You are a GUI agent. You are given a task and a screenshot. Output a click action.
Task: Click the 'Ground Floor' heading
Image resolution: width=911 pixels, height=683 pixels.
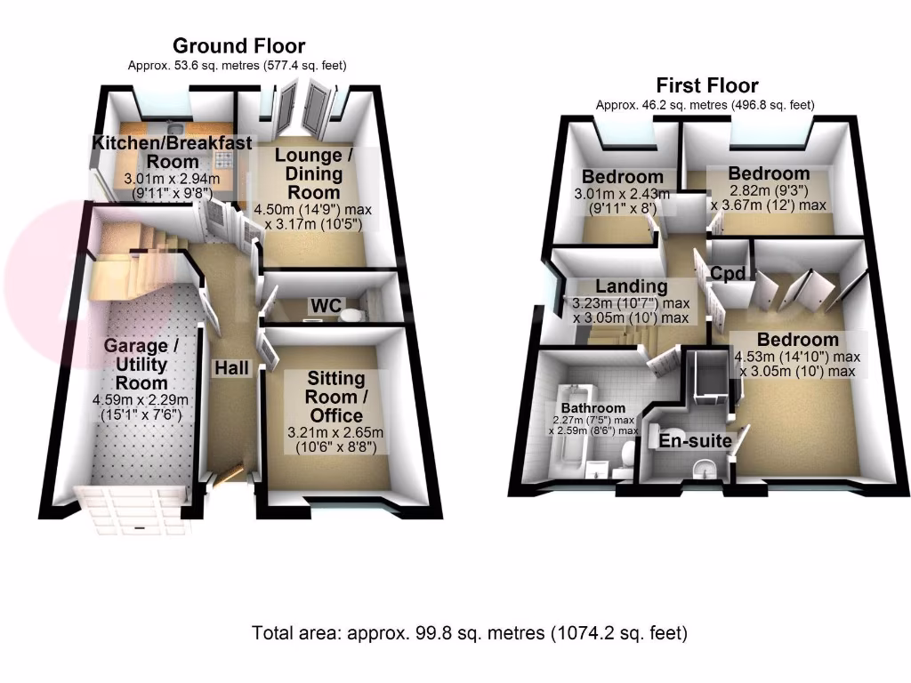(x=238, y=45)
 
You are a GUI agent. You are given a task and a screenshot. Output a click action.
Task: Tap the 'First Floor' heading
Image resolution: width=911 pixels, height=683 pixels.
(x=706, y=85)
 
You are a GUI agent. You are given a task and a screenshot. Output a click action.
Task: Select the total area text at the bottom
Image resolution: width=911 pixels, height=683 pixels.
(x=470, y=634)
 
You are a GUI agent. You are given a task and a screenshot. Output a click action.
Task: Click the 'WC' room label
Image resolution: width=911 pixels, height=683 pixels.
(x=325, y=306)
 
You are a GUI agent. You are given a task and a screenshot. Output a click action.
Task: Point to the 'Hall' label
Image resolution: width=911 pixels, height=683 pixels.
(x=230, y=367)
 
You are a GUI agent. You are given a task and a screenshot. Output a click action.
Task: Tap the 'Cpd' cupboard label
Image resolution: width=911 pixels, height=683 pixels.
(x=728, y=273)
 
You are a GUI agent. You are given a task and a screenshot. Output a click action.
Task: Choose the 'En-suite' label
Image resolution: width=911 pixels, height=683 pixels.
(x=695, y=440)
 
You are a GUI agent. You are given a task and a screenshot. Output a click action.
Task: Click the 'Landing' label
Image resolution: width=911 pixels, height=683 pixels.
(x=631, y=286)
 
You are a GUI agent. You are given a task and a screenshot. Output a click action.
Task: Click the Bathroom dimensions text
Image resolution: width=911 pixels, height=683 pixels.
(x=593, y=425)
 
